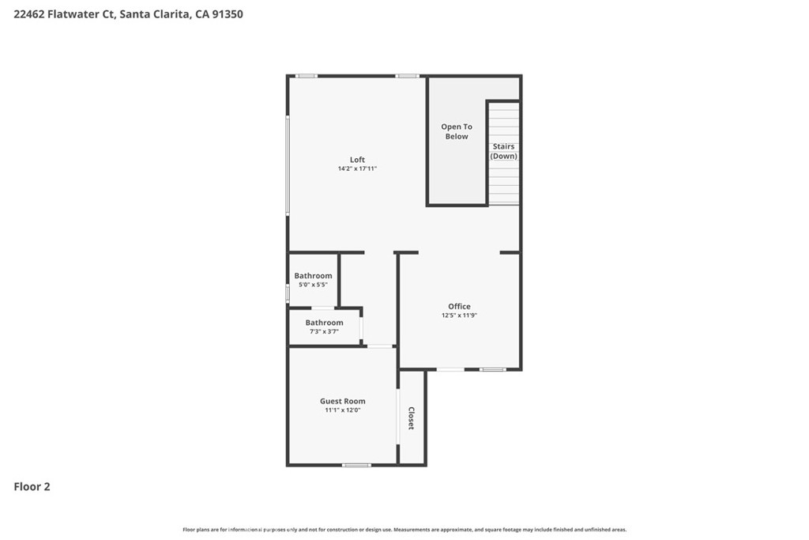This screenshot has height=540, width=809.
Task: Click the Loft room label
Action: point(357,160)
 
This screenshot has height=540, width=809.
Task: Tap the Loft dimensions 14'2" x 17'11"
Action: point(357,168)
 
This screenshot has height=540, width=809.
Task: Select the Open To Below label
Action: point(457,131)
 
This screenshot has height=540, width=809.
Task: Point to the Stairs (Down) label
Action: point(503,151)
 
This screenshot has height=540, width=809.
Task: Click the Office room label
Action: point(459,306)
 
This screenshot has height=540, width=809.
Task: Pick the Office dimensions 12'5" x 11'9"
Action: point(459,315)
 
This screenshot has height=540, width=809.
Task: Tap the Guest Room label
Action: point(343,401)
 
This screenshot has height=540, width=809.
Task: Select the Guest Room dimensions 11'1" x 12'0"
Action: point(343,410)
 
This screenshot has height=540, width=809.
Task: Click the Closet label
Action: point(411,418)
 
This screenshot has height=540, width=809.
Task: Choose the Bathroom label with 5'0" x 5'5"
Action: point(313,276)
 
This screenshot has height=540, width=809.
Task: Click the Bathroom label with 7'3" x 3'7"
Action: point(324,323)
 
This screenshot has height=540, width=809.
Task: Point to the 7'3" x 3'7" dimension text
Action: point(324,331)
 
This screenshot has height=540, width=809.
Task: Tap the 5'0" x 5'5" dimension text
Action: point(313,285)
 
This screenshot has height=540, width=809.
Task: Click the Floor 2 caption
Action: point(32,486)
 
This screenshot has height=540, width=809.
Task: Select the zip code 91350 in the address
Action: point(228,14)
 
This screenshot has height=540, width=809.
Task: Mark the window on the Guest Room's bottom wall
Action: point(356,465)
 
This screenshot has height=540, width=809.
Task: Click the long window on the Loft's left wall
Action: point(288,165)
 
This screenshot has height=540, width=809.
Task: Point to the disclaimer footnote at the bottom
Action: point(404,529)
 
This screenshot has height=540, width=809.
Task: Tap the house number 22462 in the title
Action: point(29,14)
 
